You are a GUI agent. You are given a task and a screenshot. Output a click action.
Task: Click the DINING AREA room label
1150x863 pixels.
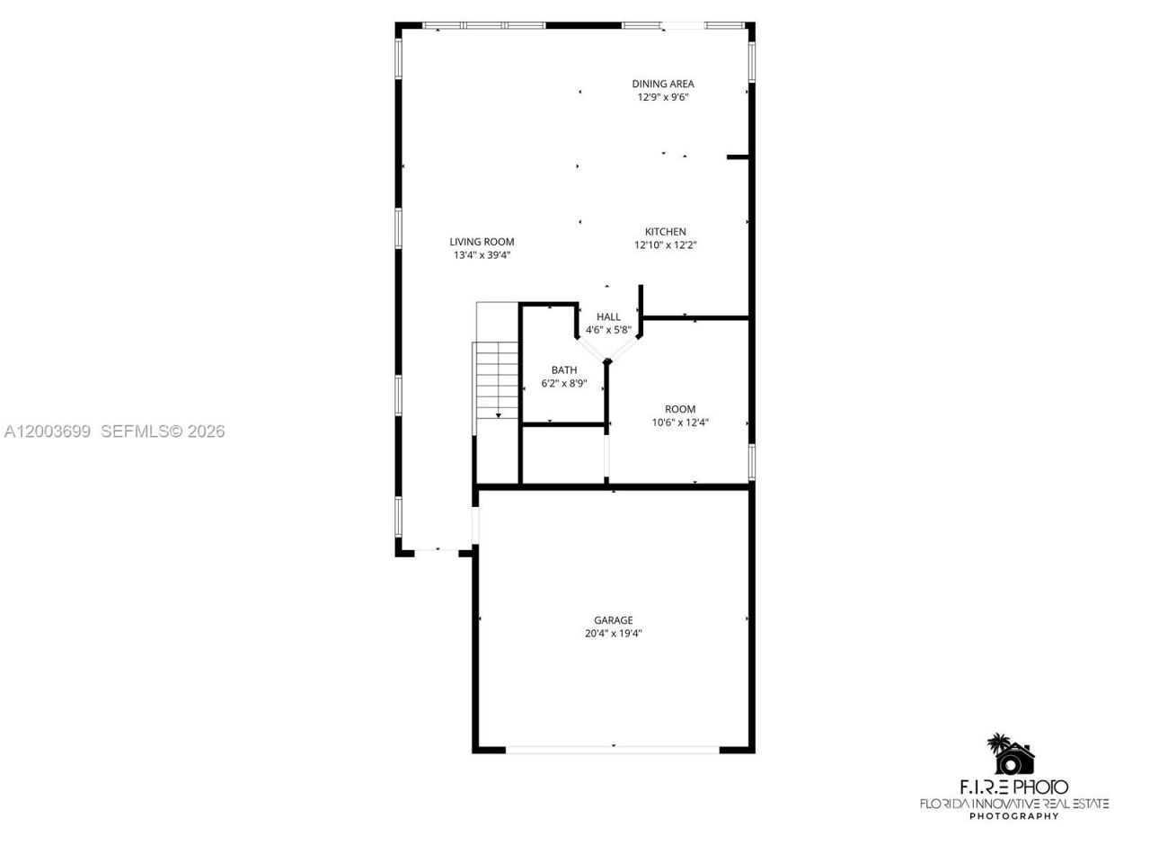pyautogui.click(x=662, y=84)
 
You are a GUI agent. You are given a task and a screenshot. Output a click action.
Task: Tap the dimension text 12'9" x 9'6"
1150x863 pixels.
pyautogui.click(x=662, y=97)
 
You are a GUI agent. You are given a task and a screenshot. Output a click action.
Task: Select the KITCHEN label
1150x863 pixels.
pyautogui.click(x=665, y=231)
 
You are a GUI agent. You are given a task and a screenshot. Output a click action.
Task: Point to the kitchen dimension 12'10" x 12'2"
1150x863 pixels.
pyautogui.click(x=665, y=245)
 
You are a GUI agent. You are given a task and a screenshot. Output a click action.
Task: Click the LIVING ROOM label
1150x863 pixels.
pyautogui.click(x=482, y=241)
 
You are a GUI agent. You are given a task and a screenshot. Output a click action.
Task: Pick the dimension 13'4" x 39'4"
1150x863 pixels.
pyautogui.click(x=482, y=254)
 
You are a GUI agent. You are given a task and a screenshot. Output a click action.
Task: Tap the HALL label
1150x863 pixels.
pyautogui.click(x=608, y=316)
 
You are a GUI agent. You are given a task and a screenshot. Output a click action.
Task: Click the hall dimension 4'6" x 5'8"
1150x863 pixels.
pyautogui.click(x=608, y=330)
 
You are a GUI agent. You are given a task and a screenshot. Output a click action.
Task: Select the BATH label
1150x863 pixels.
pyautogui.click(x=564, y=369)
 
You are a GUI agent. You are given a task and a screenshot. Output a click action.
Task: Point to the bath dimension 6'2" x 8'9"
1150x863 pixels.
pyautogui.click(x=564, y=383)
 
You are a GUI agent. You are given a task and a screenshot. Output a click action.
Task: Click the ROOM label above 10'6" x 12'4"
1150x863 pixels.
pyautogui.click(x=680, y=409)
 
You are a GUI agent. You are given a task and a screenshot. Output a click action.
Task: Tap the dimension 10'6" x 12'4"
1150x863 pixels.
pyautogui.click(x=680, y=423)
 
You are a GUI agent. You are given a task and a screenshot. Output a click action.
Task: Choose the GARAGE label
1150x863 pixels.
pyautogui.click(x=613, y=619)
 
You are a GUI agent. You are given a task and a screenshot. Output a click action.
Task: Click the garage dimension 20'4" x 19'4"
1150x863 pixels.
pyautogui.click(x=613, y=633)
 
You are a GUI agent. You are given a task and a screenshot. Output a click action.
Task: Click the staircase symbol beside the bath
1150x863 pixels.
pyautogui.click(x=498, y=378)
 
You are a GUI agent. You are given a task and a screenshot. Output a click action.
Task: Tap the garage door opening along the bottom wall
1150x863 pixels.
pyautogui.click(x=613, y=748)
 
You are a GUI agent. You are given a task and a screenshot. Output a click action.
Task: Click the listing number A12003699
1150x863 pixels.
pyautogui.click(x=48, y=431)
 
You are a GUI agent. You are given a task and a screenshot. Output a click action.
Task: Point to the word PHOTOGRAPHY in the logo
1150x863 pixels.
pyautogui.click(x=1013, y=816)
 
